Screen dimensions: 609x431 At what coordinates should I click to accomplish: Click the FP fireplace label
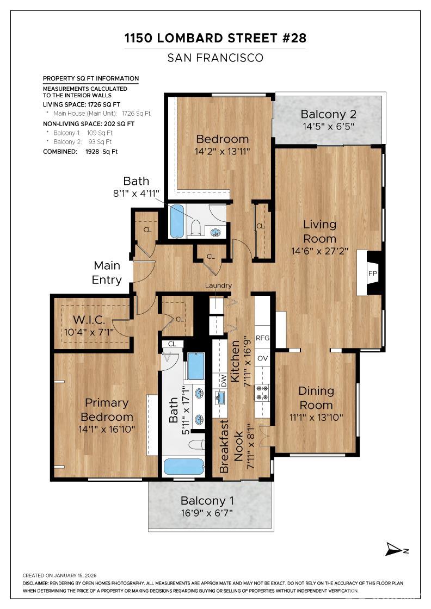click(373, 273)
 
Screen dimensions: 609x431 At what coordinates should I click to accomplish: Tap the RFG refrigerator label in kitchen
click(263, 338)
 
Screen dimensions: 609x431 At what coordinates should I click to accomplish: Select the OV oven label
click(263, 358)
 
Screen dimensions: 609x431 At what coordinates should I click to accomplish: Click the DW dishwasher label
click(223, 381)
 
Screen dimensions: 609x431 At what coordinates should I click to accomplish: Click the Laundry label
click(218, 285)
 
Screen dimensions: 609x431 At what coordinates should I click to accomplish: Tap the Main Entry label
click(107, 273)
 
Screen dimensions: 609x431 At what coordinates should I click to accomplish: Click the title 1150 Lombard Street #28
click(215, 38)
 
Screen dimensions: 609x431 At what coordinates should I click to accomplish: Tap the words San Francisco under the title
click(215, 58)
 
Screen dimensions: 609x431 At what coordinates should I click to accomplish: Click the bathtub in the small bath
click(177, 221)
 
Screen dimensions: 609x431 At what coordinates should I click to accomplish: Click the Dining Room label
click(316, 398)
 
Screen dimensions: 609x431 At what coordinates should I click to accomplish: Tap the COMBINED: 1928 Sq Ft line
click(80, 152)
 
